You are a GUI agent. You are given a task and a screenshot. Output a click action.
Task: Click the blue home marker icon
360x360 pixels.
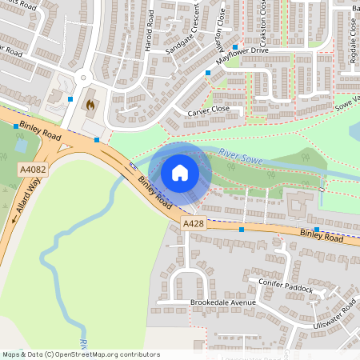click(x=180, y=172)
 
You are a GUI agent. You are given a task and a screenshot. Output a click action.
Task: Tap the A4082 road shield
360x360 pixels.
click(x=34, y=170)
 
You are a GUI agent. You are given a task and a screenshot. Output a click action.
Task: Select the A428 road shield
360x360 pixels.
click(x=194, y=224)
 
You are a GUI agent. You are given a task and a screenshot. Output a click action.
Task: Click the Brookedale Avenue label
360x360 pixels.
click(x=222, y=302)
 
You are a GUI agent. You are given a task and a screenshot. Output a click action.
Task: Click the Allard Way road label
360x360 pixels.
click(x=28, y=197)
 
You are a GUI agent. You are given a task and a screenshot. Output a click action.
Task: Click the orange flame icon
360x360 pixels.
click(x=90, y=104)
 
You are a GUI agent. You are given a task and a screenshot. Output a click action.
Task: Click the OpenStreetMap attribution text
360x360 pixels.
click(x=81, y=354)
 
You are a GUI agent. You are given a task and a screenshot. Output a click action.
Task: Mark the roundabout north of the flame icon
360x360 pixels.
click(x=83, y=78)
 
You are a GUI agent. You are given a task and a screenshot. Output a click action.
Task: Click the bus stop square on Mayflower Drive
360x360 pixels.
click(x=208, y=73)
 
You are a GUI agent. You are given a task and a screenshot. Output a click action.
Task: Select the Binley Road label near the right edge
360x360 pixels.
click(x=322, y=236)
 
